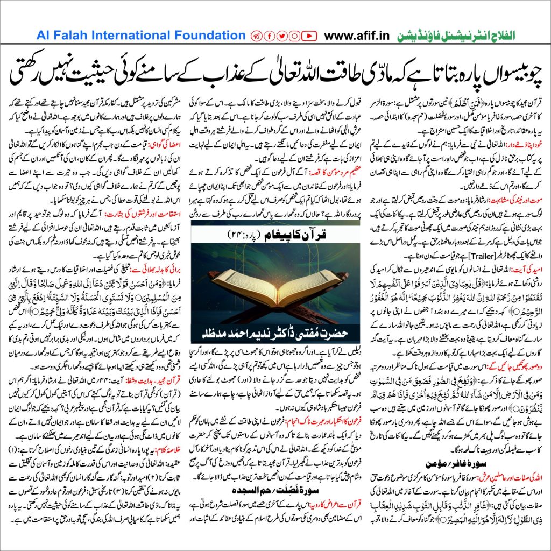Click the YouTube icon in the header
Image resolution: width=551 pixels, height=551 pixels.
(309, 36)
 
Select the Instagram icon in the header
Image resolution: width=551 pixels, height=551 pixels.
(294, 36)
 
